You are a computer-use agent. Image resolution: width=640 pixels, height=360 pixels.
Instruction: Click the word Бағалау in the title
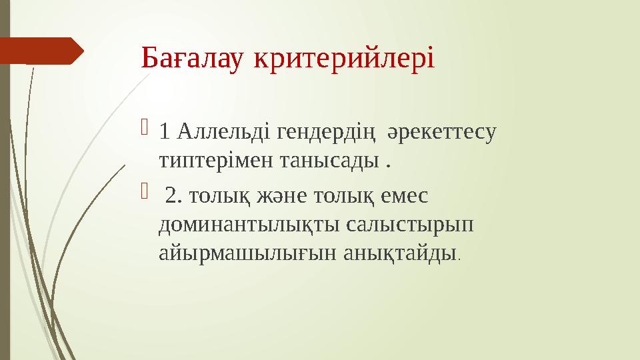coord(193,59)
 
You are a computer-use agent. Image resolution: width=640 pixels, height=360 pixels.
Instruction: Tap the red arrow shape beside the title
coord(41,51)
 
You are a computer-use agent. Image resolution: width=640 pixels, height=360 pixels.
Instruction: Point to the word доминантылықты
coord(250,225)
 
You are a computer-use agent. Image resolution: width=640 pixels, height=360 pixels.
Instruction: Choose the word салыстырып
coord(410,225)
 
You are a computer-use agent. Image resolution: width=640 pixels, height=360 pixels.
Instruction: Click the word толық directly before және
coord(212,196)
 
